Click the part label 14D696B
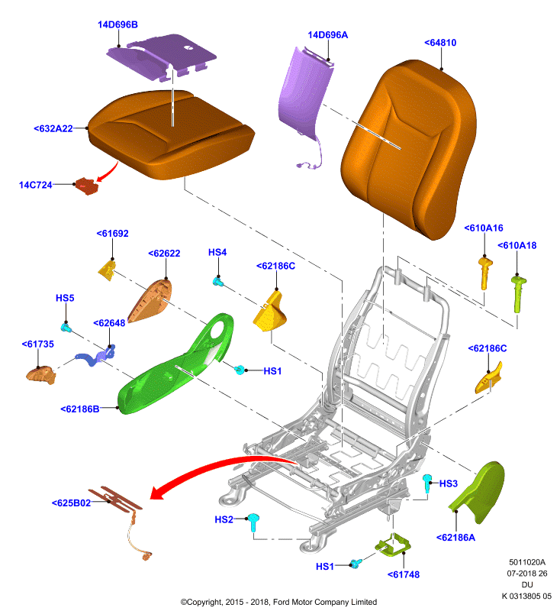coord(117,24)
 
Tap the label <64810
coord(440,43)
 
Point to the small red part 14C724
coord(87,186)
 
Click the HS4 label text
coord(217,252)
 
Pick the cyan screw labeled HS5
coord(66,328)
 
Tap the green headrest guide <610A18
coord(518,293)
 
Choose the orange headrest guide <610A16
coord(485,273)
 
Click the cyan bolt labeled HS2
coord(254,522)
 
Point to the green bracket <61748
coord(393,545)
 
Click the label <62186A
coord(455,538)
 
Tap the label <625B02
coord(71,503)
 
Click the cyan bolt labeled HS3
coord(427,483)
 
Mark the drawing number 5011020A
coord(527,562)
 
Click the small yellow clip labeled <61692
coord(107,270)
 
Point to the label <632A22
coord(53,128)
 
